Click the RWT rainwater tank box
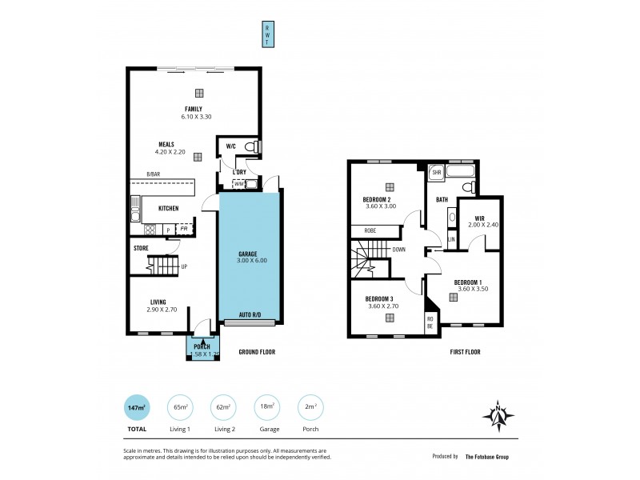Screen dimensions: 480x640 [268, 34]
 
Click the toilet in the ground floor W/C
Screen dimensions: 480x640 [250, 146]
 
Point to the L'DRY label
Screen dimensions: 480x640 [239, 172]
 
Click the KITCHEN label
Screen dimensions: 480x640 [168, 208]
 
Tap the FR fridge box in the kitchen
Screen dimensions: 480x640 [184, 229]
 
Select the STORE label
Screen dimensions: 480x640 [141, 248]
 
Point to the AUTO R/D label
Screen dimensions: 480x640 [250, 315]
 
